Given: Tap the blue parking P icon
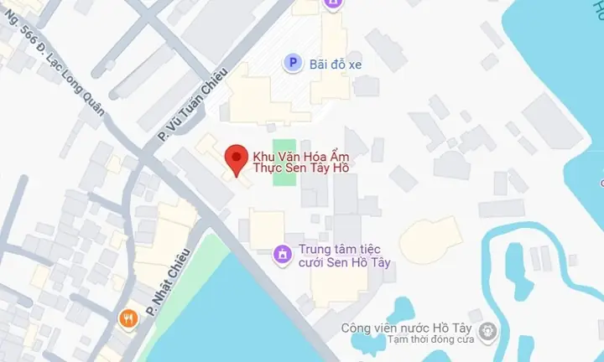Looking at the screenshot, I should coord(292,62).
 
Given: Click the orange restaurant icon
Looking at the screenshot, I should coord(128,318).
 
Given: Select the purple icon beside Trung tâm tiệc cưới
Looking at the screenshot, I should coord(284,252).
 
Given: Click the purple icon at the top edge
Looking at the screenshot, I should coord(334,4).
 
